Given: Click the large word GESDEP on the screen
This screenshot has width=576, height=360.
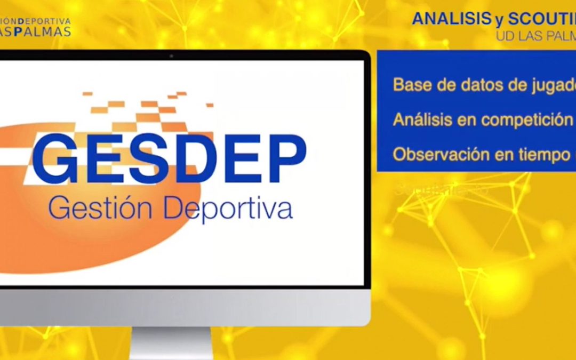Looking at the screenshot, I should click(170, 158).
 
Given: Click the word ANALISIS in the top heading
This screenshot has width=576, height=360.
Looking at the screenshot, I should click(450, 19).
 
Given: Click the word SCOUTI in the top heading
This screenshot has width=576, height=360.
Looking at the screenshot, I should click(541, 19).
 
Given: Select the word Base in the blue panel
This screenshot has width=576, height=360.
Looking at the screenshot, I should click(411, 84).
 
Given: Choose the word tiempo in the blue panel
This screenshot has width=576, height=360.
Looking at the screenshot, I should click(533, 155).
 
